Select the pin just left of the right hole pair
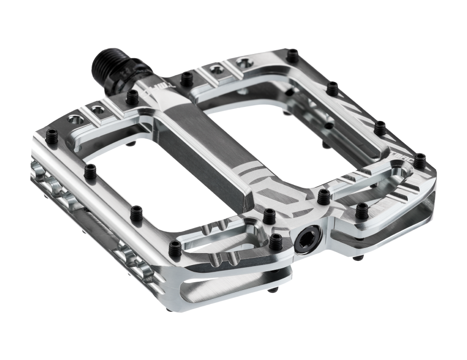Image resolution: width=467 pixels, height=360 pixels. click(185, 78)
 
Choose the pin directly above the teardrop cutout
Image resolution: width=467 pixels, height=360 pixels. click(269, 214)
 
